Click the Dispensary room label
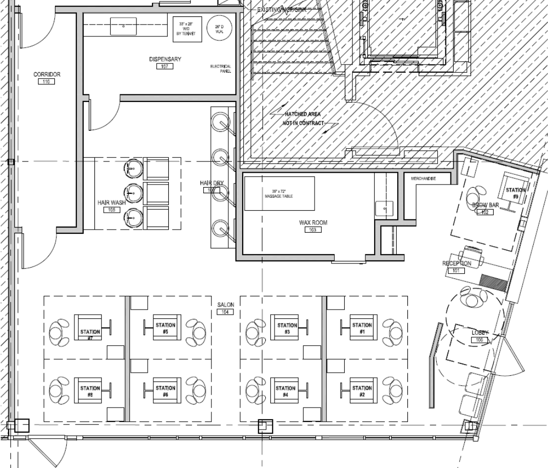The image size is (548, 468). [165, 59]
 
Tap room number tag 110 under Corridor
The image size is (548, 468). [47, 82]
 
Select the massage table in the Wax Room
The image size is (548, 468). [279, 193]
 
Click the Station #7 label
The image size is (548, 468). [90, 335]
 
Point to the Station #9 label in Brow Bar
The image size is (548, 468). [515, 193]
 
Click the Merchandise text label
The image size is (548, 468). [424, 178]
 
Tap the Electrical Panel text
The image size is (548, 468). [221, 69]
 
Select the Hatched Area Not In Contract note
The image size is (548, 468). [303, 119]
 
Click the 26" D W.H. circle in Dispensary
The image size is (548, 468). [219, 28]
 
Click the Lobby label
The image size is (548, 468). [480, 333]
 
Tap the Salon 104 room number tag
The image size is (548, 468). [225, 312]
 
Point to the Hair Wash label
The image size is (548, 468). [111, 203]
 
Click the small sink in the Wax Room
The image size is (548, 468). [384, 209]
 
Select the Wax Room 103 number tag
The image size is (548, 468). [313, 230]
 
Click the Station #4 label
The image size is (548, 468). [285, 391]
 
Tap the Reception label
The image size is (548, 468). [456, 263]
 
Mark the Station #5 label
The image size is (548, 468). [165, 328]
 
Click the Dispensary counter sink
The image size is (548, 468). [124, 25]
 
